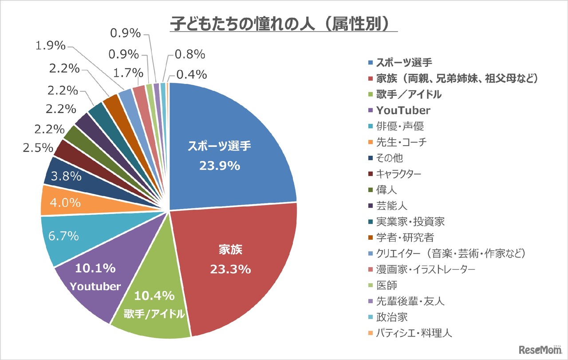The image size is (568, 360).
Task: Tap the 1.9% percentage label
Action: [51, 46]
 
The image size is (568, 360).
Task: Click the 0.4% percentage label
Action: [191, 74]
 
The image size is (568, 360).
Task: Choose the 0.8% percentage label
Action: [190, 55]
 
